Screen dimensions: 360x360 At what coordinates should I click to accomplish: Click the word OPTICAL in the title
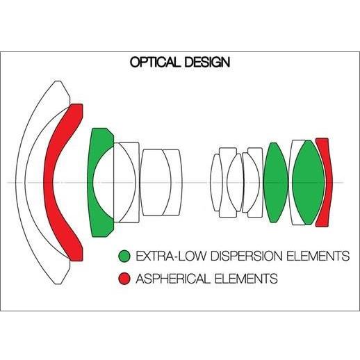tap(155, 62)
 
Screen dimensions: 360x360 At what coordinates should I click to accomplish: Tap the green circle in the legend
tap(124, 256)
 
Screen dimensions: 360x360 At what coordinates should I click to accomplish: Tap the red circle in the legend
tap(124, 279)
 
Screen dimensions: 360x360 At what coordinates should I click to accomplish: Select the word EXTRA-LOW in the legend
tap(171, 256)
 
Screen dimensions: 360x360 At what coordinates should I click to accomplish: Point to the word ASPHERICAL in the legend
tap(173, 279)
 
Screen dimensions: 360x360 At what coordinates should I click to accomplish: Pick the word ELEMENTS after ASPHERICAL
tap(246, 279)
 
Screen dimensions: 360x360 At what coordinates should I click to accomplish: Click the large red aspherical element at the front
tap(49, 183)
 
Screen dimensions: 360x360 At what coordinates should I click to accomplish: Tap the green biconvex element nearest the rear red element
tap(309, 183)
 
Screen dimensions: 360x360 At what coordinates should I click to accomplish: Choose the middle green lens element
tap(275, 183)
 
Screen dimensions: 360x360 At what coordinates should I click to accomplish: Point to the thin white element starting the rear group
tap(215, 183)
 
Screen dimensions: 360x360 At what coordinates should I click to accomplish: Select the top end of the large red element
tap(76, 104)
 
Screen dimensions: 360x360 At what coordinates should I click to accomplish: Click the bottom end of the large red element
tap(76, 261)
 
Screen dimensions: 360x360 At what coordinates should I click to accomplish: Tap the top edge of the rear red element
tap(322, 138)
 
